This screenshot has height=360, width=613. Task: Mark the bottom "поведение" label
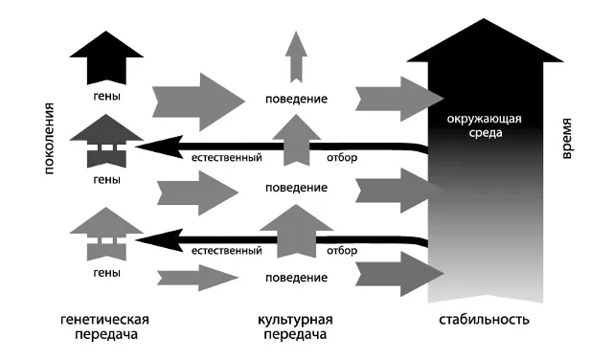click(297, 277)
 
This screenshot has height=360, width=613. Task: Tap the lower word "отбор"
click(341, 251)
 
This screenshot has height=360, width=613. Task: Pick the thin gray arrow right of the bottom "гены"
click(195, 277)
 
